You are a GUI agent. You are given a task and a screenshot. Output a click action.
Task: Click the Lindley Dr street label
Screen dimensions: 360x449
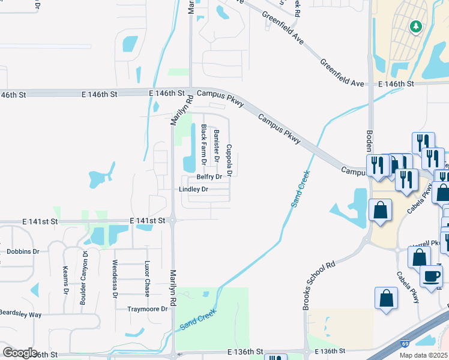point(193,190)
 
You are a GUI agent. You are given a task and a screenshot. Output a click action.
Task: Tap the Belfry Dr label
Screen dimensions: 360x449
point(209,178)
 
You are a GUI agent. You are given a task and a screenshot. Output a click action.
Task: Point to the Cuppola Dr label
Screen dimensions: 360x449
point(228,161)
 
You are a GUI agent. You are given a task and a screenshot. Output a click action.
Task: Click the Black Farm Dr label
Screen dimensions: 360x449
point(204,145)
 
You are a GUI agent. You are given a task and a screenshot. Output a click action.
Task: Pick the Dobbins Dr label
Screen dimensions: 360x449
point(23,251)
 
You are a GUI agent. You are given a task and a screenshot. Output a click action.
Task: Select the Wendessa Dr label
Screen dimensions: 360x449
point(114,279)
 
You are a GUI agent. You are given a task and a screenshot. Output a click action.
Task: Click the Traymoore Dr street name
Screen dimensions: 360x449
point(147,309)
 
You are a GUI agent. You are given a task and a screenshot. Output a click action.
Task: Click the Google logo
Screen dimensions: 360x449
point(20,353)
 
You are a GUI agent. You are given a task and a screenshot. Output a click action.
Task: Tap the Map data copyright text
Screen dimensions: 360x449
point(424,355)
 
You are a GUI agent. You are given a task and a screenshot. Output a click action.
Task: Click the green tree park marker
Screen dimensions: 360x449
point(415,26)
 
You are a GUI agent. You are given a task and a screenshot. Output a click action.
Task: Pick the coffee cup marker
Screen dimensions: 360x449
point(431,276)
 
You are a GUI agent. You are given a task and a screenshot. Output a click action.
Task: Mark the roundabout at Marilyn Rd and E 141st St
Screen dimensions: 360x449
point(172,221)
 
